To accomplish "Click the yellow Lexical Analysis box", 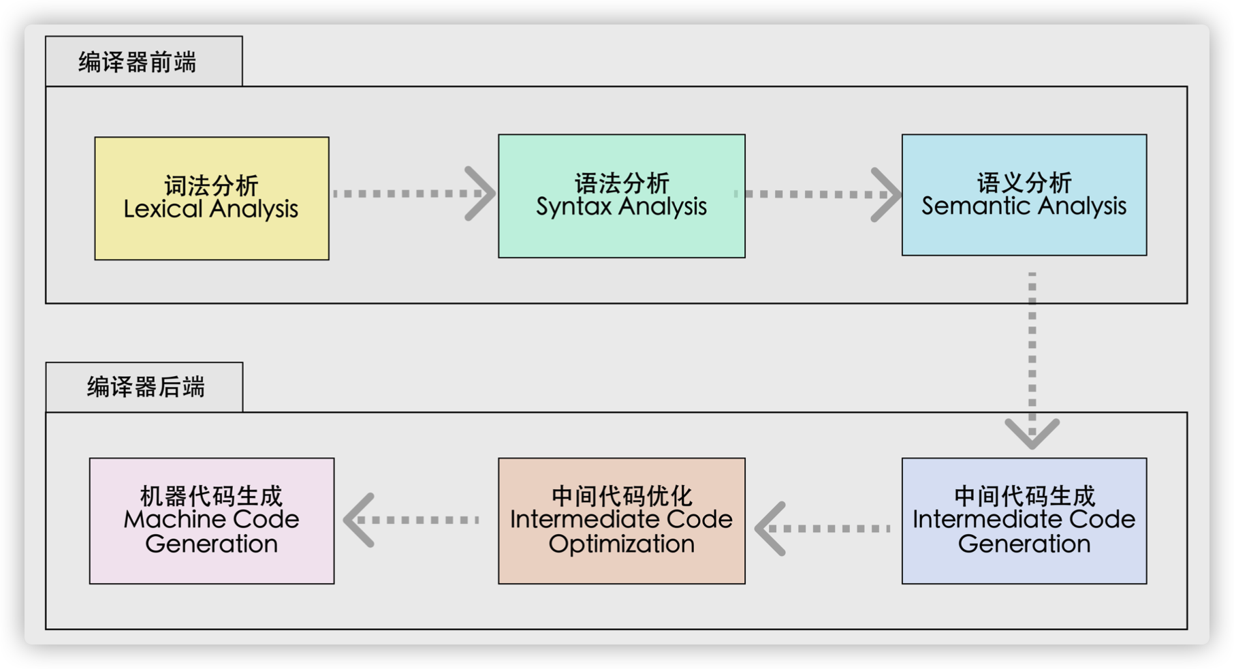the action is [212, 198].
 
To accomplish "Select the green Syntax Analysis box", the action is [622, 196].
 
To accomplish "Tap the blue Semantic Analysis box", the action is [1024, 195].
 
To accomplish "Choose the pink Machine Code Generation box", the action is [212, 521].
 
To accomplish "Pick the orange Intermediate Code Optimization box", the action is [622, 521].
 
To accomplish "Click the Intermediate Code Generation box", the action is [1024, 521].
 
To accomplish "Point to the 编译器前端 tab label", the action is [138, 62].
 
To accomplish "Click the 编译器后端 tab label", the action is [146, 387].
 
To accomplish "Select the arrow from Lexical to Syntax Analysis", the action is [414, 193].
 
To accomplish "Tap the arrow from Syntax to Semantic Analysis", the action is [817, 194].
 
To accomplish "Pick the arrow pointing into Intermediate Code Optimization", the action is [823, 529].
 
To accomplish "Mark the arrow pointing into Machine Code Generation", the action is [411, 520].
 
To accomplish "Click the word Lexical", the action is [163, 208].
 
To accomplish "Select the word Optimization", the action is [622, 544].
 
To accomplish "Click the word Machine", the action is [165, 520].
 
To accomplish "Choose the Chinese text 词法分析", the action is [211, 185].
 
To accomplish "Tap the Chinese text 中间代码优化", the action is [622, 496].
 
